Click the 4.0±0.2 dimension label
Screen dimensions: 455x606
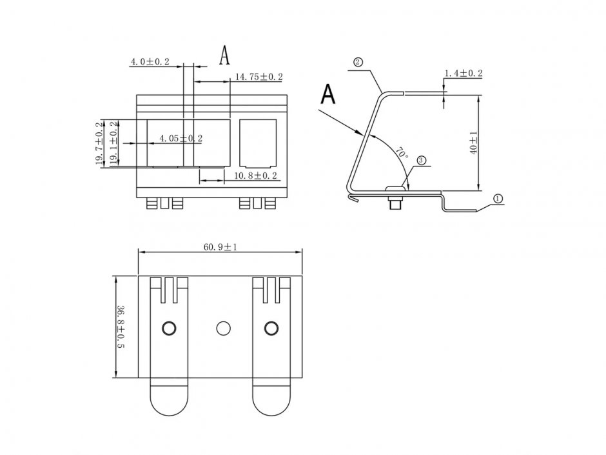click(x=150, y=62)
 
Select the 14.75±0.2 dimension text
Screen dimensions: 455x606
click(x=258, y=77)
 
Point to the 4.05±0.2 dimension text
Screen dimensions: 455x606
click(x=181, y=138)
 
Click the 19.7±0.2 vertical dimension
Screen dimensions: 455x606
click(x=100, y=144)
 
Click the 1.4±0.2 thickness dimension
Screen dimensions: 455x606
click(x=464, y=74)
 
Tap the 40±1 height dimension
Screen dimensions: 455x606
click(x=473, y=143)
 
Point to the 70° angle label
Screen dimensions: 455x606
click(x=402, y=154)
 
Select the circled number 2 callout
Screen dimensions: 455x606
click(x=358, y=62)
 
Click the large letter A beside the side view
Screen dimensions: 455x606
click(x=328, y=94)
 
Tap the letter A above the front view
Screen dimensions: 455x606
click(x=224, y=56)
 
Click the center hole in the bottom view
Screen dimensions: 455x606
click(x=224, y=328)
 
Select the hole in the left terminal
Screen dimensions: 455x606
click(x=169, y=328)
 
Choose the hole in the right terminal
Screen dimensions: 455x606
click(x=271, y=328)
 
